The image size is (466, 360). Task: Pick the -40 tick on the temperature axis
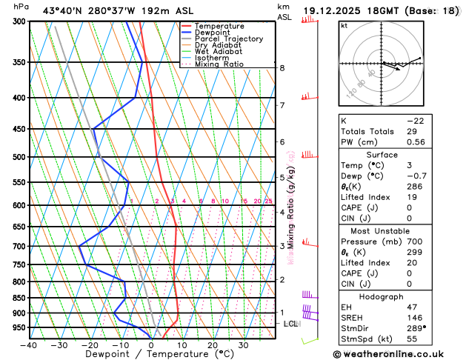coord(30,344)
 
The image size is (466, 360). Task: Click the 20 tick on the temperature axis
coord(212,344)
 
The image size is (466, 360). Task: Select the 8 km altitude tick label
coord(282,68)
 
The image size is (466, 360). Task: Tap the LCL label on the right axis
coord(291,324)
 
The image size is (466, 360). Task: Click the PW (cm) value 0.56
coord(416,142)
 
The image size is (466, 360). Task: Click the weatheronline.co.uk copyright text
coord(399,353)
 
